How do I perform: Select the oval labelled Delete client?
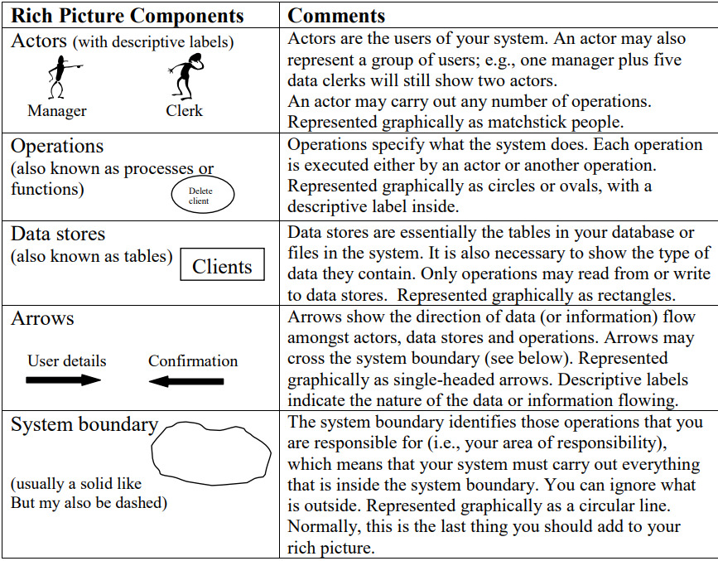[x=202, y=196]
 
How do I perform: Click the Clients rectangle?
[x=222, y=266]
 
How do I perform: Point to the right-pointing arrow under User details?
[x=64, y=380]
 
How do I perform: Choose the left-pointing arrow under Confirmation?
[x=186, y=381]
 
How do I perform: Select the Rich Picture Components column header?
[x=128, y=16]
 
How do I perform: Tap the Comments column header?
[x=336, y=16]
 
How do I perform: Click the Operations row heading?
[x=57, y=146]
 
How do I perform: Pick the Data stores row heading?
[x=58, y=234]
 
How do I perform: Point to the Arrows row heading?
[x=42, y=318]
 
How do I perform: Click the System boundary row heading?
[x=84, y=425]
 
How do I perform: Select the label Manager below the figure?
[x=57, y=111]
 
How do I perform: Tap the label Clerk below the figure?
[x=184, y=111]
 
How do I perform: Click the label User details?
[x=66, y=360]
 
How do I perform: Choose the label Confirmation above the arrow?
[x=193, y=360]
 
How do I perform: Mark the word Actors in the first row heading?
[x=38, y=40]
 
